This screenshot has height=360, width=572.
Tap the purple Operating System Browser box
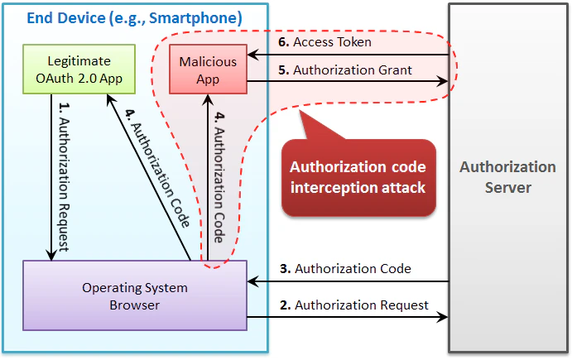point(134,296)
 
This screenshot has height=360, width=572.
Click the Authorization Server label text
point(507,177)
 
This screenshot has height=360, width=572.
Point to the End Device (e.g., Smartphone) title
point(134,17)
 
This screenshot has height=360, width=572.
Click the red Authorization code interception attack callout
point(358,177)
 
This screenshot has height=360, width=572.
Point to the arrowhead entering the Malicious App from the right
point(252,56)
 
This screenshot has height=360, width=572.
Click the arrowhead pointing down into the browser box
point(52,256)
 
